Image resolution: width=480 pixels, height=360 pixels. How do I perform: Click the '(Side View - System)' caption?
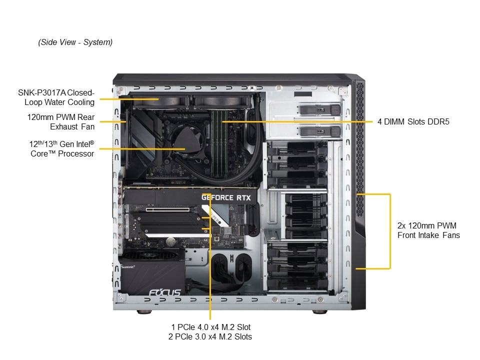point(75,42)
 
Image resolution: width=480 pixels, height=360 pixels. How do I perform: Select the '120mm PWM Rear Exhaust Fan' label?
point(61,121)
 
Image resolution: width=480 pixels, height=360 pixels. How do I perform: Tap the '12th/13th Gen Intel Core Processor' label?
point(61,148)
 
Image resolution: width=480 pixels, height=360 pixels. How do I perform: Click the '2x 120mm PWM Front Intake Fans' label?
point(428,230)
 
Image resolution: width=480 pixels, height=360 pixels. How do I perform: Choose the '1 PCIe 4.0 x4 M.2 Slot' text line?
point(210,327)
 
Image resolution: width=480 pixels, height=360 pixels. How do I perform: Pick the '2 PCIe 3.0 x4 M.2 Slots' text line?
point(210,337)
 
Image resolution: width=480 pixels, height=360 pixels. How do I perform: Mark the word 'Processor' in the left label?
point(77,153)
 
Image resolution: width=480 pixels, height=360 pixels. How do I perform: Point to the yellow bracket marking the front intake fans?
point(389,230)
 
